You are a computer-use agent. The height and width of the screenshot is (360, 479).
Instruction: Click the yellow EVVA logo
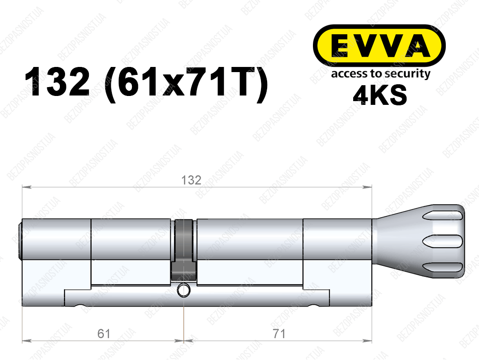379,46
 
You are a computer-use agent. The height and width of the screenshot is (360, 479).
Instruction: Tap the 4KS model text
380,95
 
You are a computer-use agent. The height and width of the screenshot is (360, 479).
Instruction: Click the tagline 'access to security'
381,74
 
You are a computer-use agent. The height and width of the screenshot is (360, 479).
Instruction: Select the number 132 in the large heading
57,82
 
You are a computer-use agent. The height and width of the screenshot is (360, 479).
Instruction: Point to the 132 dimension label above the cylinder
191,180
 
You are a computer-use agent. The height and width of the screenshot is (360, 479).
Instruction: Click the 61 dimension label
104,333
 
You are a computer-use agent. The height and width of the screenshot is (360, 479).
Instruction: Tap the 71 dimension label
279,333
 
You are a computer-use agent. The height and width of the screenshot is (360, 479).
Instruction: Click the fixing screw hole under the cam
184,291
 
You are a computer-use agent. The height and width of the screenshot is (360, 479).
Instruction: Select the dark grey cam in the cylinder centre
183,250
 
